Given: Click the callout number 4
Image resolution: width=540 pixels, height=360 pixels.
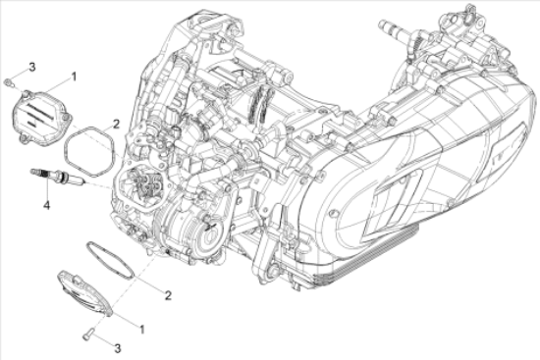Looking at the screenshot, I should pos(45,205).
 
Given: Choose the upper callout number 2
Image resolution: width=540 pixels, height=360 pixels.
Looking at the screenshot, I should pos(115,124).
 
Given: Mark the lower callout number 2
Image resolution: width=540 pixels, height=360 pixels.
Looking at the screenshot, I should pos(169,294).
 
